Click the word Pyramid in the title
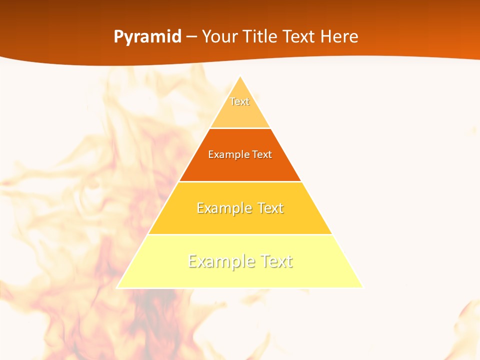coord(147,37)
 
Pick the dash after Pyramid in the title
coord(191,37)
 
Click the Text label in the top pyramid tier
coord(239,101)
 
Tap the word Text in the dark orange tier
coord(262,154)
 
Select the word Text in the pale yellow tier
coord(274,261)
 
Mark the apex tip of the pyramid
coord(240,76)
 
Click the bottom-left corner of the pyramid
coord(117,287)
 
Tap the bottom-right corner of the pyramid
coord(363,287)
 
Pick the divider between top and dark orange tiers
coord(240,128)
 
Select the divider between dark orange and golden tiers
coord(240,181)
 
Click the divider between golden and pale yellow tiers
coord(240,234)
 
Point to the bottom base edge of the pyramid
coord(240,288)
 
